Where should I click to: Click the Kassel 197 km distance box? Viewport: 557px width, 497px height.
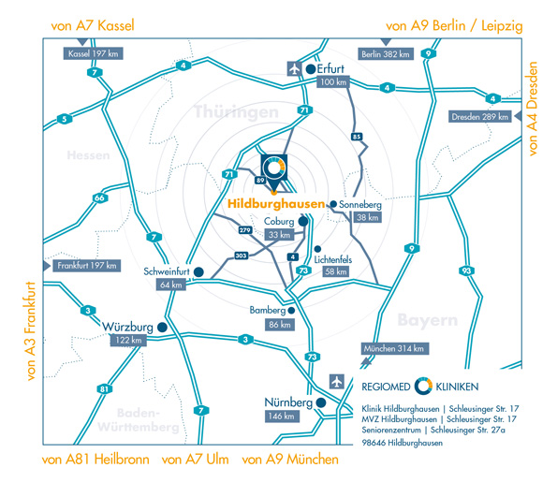click(x=93, y=53)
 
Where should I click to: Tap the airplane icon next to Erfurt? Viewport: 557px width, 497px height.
click(x=295, y=68)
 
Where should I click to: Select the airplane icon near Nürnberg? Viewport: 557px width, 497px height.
click(x=336, y=382)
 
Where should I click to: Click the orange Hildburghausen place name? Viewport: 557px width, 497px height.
click(x=276, y=203)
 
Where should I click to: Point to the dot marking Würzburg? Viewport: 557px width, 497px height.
click(x=162, y=328)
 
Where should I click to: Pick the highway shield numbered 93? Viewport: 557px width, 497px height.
click(x=466, y=271)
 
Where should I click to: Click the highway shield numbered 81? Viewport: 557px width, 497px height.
click(x=104, y=389)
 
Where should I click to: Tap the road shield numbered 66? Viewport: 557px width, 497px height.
click(x=100, y=197)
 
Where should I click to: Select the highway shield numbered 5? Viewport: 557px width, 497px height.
click(x=65, y=119)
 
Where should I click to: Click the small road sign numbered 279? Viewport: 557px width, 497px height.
click(x=245, y=230)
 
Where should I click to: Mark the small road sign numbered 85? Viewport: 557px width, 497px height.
click(x=357, y=137)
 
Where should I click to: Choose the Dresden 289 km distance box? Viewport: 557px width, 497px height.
click(x=480, y=116)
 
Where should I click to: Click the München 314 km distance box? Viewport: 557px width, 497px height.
click(x=393, y=348)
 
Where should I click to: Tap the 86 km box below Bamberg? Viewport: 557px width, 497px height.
click(x=280, y=325)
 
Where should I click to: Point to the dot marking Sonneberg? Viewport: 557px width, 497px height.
click(x=333, y=204)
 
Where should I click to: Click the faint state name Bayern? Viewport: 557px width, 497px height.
click(x=428, y=320)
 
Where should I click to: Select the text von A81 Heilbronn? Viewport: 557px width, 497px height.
click(x=95, y=460)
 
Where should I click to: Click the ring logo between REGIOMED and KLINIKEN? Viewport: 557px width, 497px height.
click(x=423, y=387)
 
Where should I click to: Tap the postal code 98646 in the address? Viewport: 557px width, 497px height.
click(x=374, y=443)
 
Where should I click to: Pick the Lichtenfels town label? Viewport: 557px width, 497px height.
click(x=333, y=259)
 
